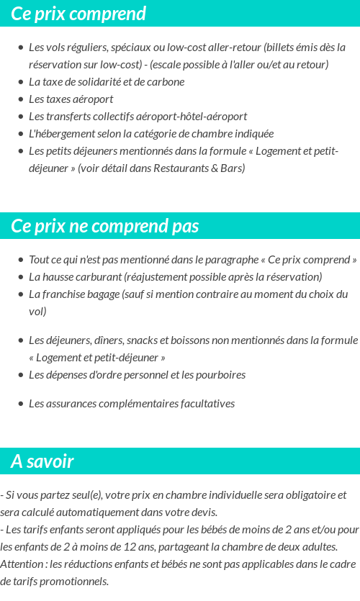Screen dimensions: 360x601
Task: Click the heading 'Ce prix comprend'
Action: pyautogui.click(x=78, y=14)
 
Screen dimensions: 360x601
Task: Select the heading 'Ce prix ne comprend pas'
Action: pyautogui.click(x=105, y=226)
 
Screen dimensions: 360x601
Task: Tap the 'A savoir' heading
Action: pyautogui.click(x=42, y=461)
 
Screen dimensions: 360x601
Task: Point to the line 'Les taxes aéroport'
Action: pyautogui.click(x=71, y=99)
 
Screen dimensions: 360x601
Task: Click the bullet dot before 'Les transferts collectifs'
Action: pyautogui.click(x=21, y=117)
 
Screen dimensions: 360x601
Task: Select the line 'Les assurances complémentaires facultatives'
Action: pyautogui.click(x=132, y=404)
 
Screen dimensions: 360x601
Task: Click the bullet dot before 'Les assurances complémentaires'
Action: pyautogui.click(x=21, y=404)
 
